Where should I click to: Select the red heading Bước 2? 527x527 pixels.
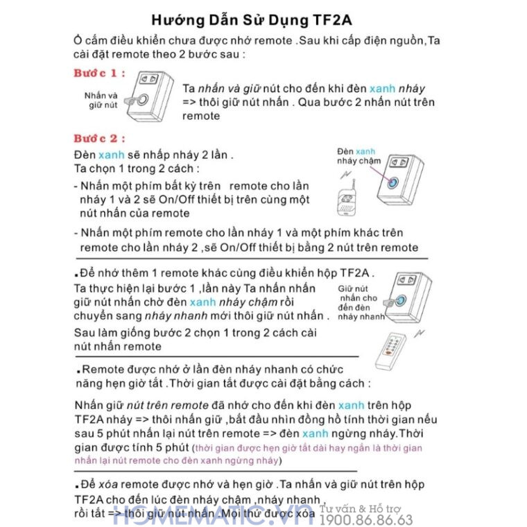99,138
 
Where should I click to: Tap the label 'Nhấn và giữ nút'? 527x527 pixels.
101,100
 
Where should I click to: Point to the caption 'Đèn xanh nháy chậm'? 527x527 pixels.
359,156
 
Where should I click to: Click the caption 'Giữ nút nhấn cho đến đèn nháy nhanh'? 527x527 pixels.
361,303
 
